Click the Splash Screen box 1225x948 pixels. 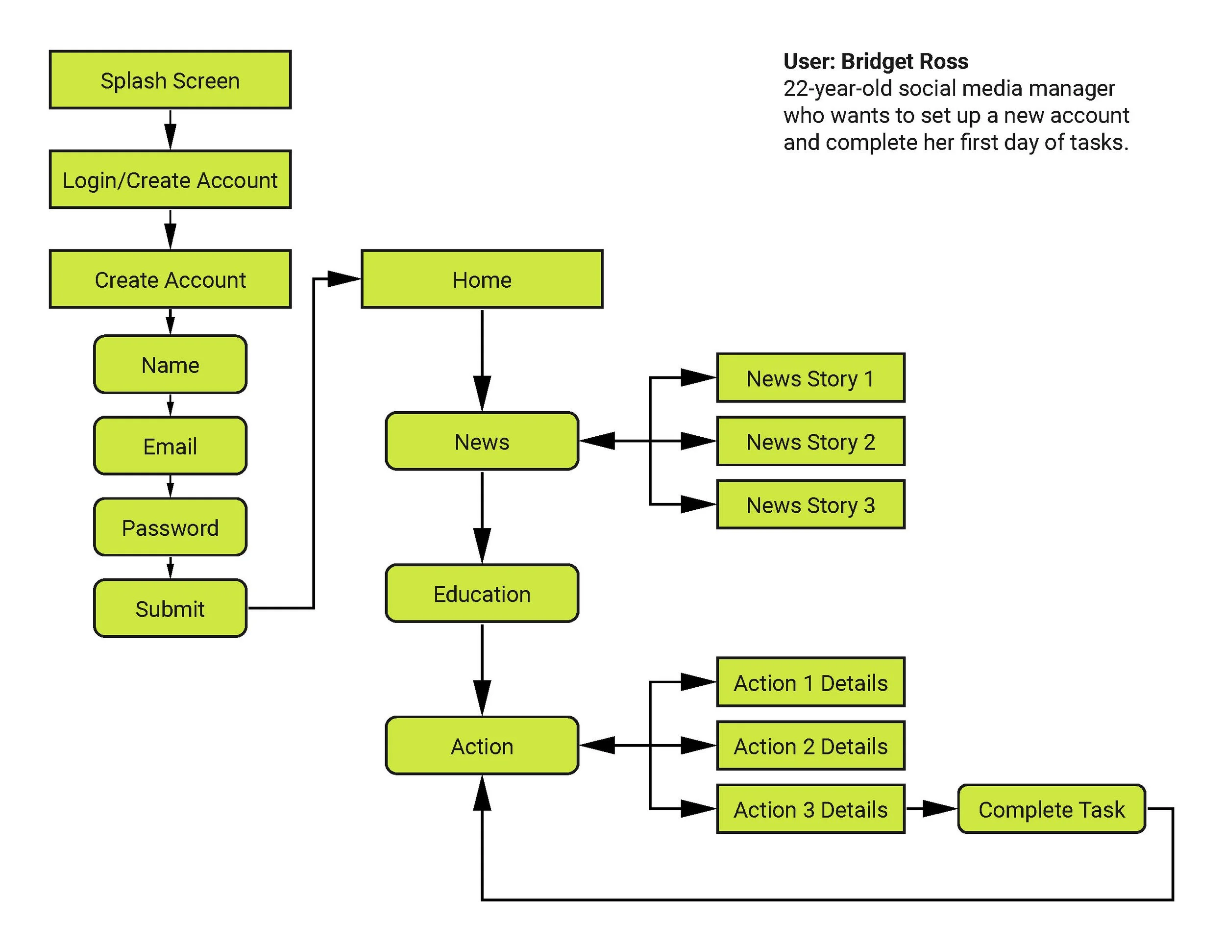pos(170,80)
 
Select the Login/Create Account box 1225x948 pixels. pos(170,179)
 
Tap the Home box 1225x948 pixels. pos(482,279)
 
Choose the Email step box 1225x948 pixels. pos(170,446)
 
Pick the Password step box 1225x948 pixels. pos(170,527)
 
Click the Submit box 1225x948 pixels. pos(170,609)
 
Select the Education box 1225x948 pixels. pos(482,594)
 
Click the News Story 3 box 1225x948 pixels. pos(810,505)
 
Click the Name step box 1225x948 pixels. pos(170,365)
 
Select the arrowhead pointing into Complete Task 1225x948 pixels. pos(940,809)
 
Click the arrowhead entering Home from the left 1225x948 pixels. pos(344,279)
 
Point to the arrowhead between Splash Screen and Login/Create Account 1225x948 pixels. pos(171,136)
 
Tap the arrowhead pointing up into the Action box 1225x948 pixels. pos(482,793)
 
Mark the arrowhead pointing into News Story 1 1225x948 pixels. pos(698,377)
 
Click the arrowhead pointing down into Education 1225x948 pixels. pos(482,546)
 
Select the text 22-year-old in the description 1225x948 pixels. pos(838,89)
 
